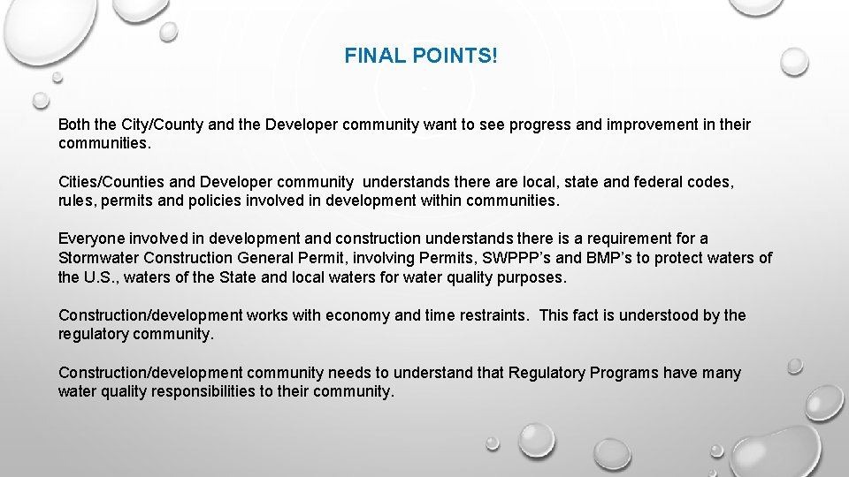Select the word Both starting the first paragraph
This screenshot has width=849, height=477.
74,125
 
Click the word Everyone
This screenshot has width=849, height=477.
91,238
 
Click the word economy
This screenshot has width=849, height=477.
358,315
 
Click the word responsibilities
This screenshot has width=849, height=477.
195,391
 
